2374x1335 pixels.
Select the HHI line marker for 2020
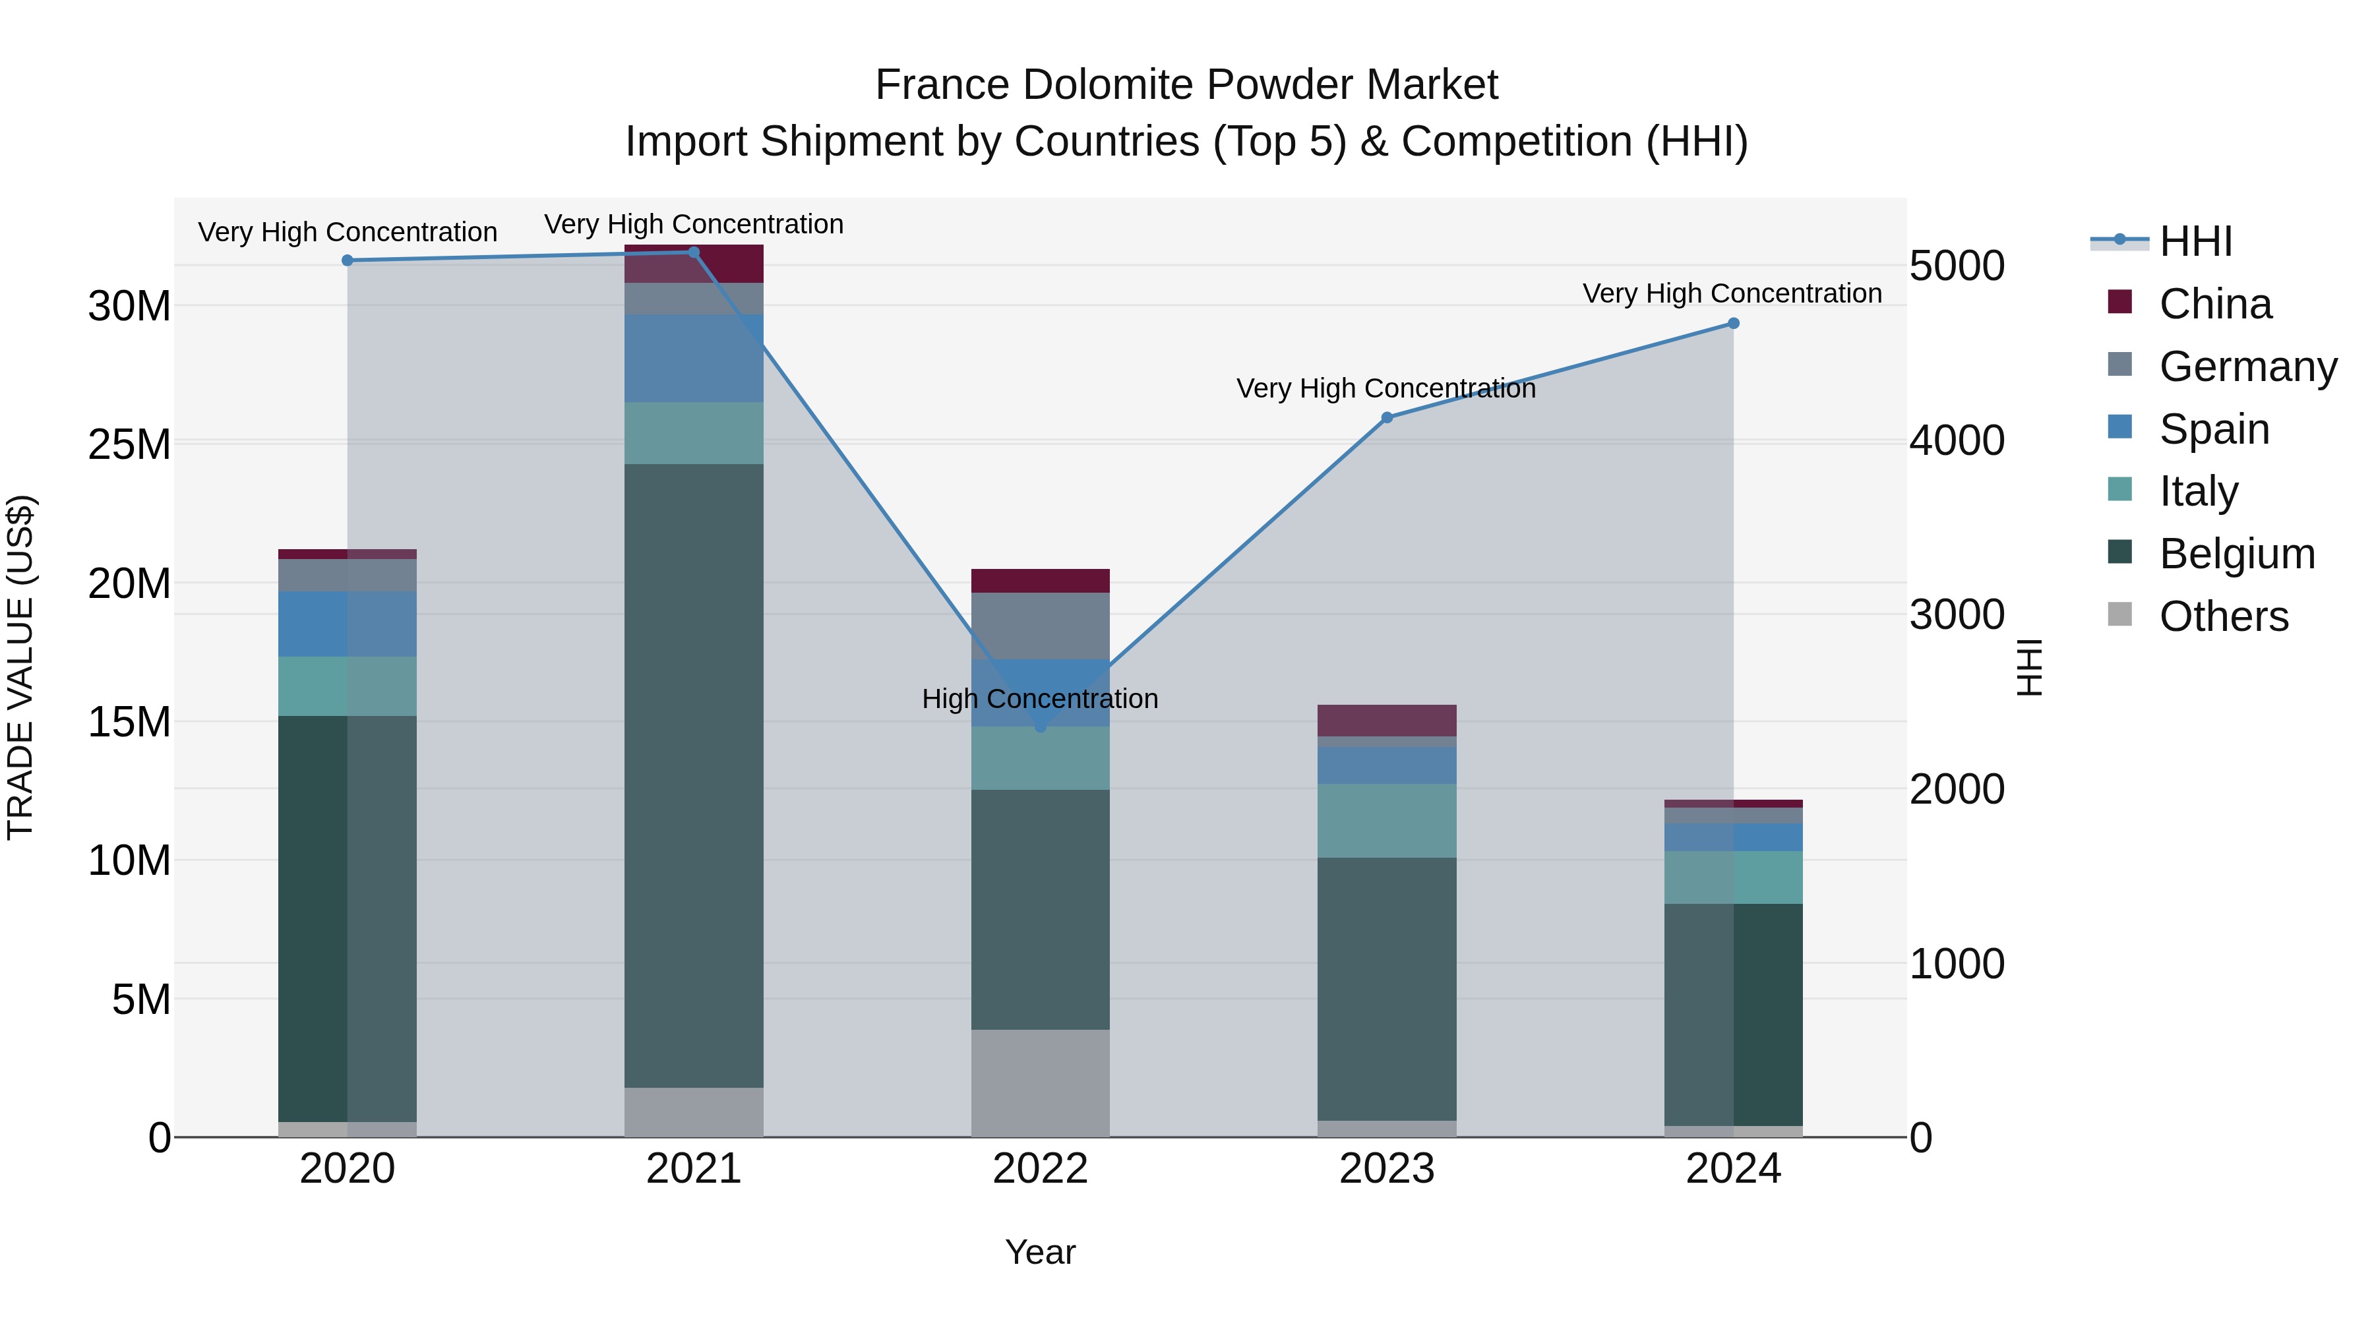pos(348,260)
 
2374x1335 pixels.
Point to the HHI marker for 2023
pos(1387,417)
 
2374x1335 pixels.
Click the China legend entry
pos(2214,304)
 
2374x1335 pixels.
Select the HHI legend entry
pos(2194,241)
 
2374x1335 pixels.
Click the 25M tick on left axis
pos(129,444)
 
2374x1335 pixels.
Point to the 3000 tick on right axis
pos(1957,614)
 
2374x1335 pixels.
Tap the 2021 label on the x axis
pos(694,1169)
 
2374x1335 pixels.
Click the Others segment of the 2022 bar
pos(1041,1083)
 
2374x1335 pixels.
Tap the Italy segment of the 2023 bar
pos(1387,820)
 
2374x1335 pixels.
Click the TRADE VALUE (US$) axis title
pos(20,667)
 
